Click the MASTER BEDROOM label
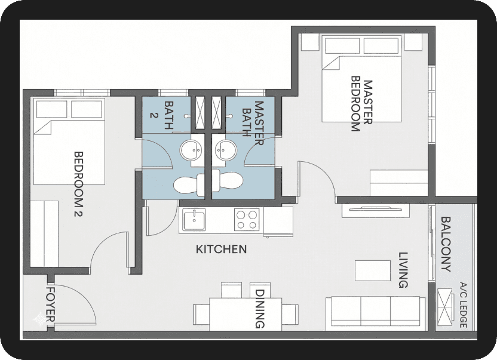[x=361, y=104]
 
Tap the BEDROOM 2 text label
[x=78, y=184]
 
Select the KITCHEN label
[x=221, y=250]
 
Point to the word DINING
[x=260, y=309]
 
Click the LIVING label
[x=403, y=270]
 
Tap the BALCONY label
[x=446, y=244]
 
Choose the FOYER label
[x=51, y=304]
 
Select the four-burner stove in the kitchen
[x=247, y=220]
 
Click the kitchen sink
[x=194, y=220]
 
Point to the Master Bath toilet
[x=228, y=182]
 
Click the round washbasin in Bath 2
[x=191, y=150]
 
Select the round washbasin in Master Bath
[x=226, y=150]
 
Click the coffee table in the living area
[x=372, y=270]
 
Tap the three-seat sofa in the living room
[x=376, y=312]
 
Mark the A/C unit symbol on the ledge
[x=446, y=307]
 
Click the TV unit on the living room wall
[x=376, y=210]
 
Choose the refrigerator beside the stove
[x=278, y=221]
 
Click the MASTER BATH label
[x=253, y=123]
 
